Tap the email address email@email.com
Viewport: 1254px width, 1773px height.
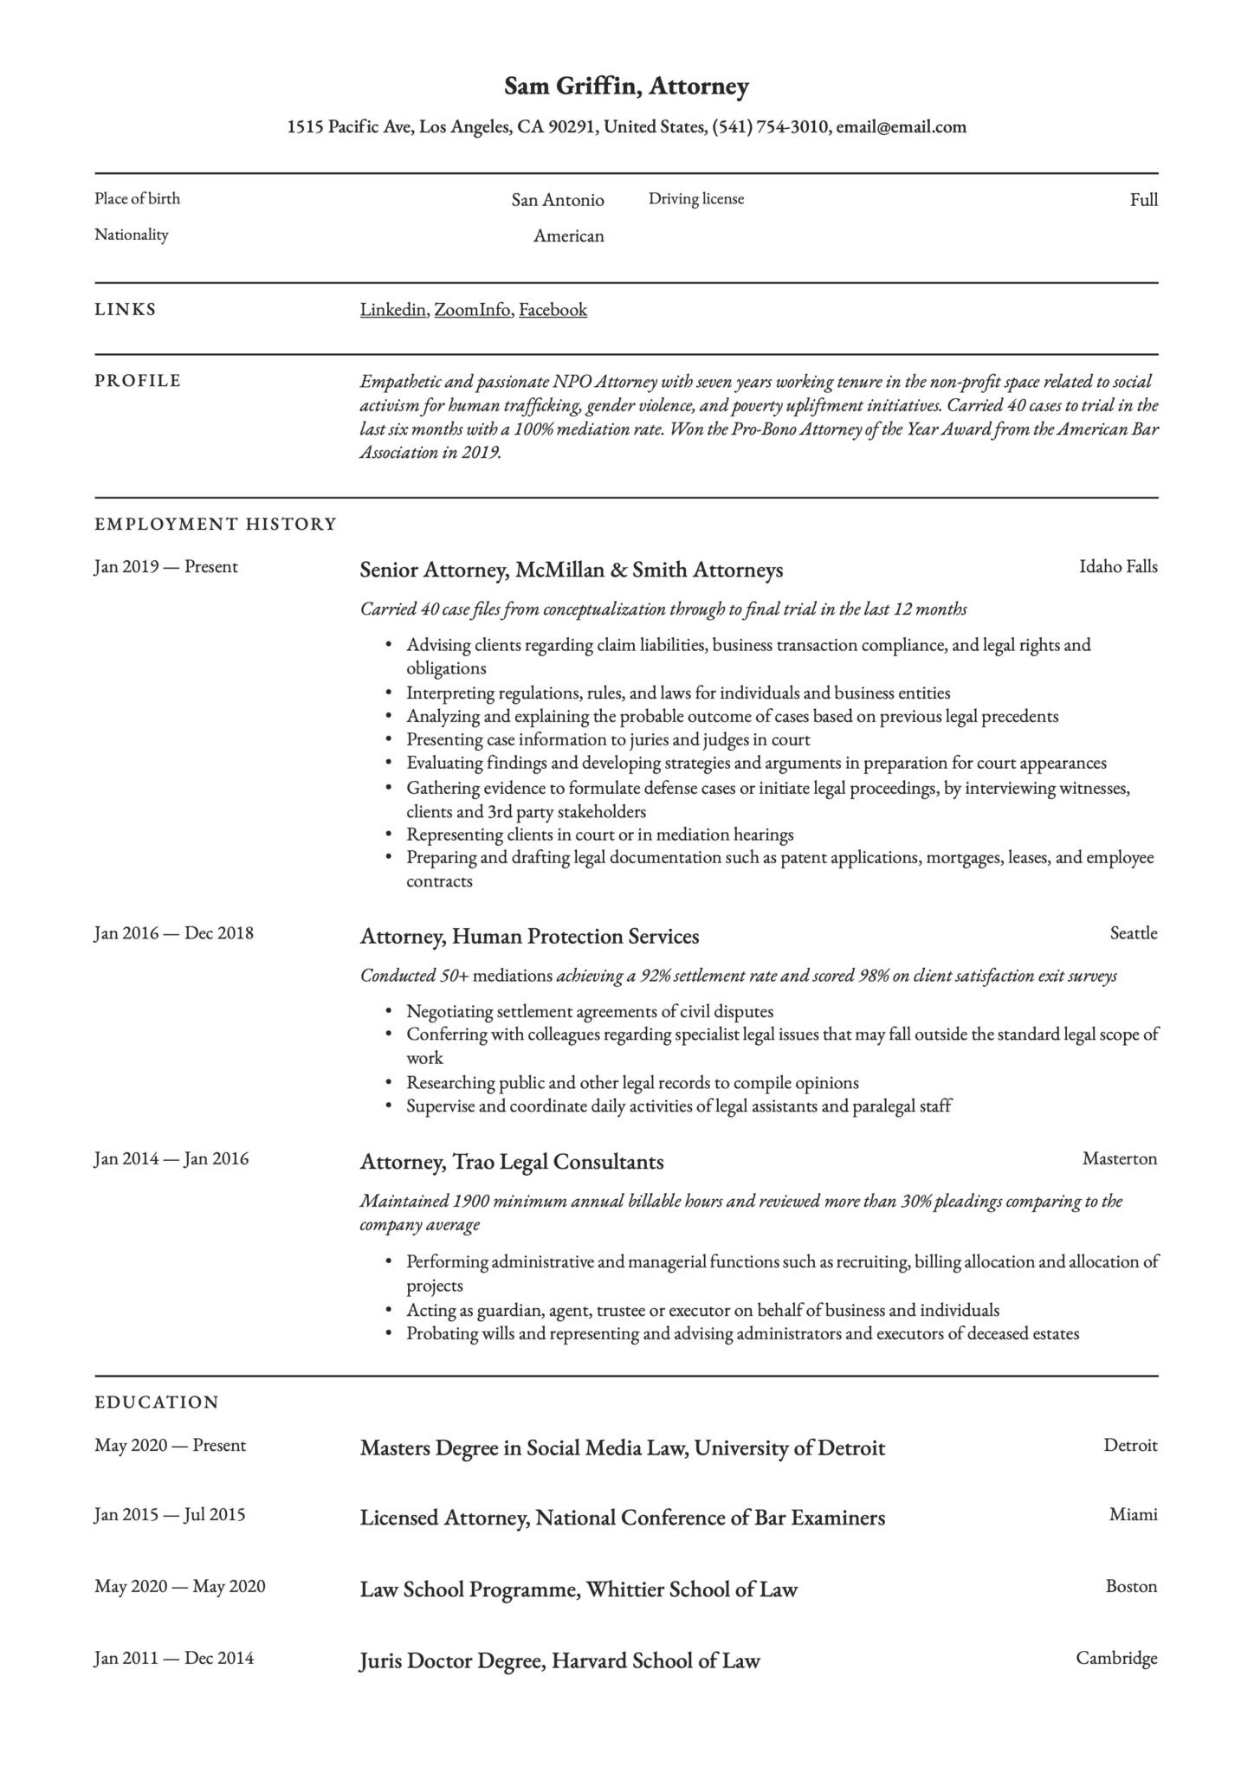pyautogui.click(x=901, y=127)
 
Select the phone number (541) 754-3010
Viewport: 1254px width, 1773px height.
pyautogui.click(x=770, y=127)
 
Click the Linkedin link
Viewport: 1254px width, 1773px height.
pyautogui.click(x=392, y=310)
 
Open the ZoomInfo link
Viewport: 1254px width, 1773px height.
pyautogui.click(x=472, y=310)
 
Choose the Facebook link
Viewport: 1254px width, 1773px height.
pyautogui.click(x=553, y=310)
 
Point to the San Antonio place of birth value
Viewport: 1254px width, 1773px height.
pyautogui.click(x=557, y=201)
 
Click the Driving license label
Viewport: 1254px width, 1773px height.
pyautogui.click(x=695, y=199)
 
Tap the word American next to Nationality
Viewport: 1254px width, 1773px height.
pyautogui.click(x=568, y=236)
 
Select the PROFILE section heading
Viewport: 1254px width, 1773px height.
pyautogui.click(x=138, y=381)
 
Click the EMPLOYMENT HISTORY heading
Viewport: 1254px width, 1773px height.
pyautogui.click(x=215, y=524)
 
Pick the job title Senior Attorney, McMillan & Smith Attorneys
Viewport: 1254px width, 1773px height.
pyautogui.click(x=571, y=570)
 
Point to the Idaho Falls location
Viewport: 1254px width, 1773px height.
pyautogui.click(x=1117, y=567)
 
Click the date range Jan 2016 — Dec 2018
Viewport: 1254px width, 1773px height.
pyautogui.click(x=173, y=933)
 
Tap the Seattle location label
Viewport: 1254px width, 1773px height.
pyautogui.click(x=1133, y=933)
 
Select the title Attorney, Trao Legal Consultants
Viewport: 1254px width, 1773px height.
pyautogui.click(x=511, y=1162)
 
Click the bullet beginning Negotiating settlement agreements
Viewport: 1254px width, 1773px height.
pyautogui.click(x=589, y=1011)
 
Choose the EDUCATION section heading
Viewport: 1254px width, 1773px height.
pyautogui.click(x=156, y=1402)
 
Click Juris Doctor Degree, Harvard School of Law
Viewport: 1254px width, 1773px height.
pyautogui.click(x=559, y=1661)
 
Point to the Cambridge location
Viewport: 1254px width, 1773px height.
pyautogui.click(x=1115, y=1658)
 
